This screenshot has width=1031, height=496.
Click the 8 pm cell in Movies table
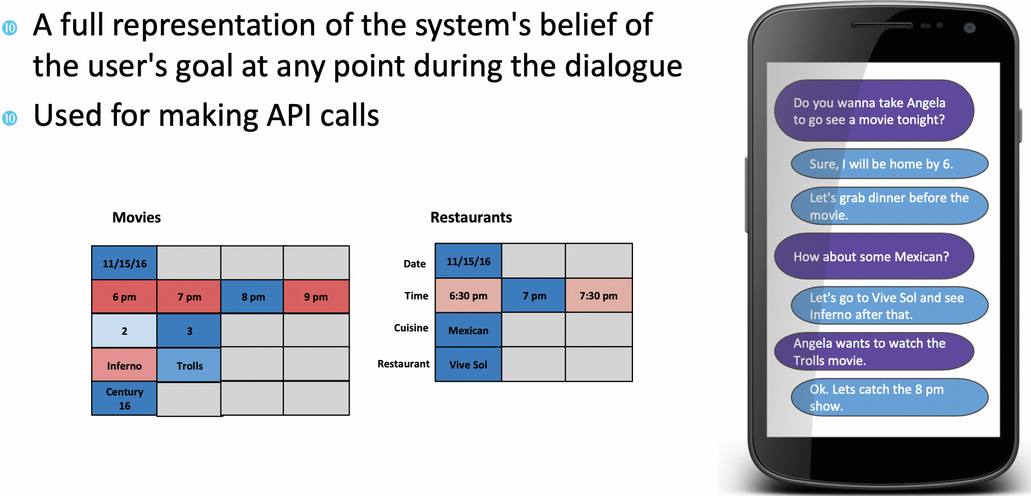point(252,297)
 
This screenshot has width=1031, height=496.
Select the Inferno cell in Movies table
point(124,365)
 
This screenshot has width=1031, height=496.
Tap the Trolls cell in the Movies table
point(189,365)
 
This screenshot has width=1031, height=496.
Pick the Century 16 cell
point(124,398)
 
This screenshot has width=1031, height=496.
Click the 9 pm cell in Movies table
point(316,297)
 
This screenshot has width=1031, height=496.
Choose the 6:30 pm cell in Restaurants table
point(468,295)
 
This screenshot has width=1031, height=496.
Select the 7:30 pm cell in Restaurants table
point(599,295)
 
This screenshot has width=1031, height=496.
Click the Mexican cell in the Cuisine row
point(468,330)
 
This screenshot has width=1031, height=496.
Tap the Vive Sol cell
point(468,364)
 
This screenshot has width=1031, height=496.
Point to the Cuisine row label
point(411,328)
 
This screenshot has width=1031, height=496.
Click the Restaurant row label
point(403,364)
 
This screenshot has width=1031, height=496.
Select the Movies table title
point(137,217)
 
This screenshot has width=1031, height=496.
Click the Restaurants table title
point(471,217)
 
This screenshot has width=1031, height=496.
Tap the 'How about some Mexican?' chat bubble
point(874,256)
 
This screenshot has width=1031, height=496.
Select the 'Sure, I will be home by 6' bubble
point(889,163)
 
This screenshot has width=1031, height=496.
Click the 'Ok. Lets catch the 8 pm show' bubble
point(889,397)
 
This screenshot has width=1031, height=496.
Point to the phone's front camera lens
point(969,28)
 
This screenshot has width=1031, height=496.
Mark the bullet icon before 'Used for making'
point(10,118)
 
